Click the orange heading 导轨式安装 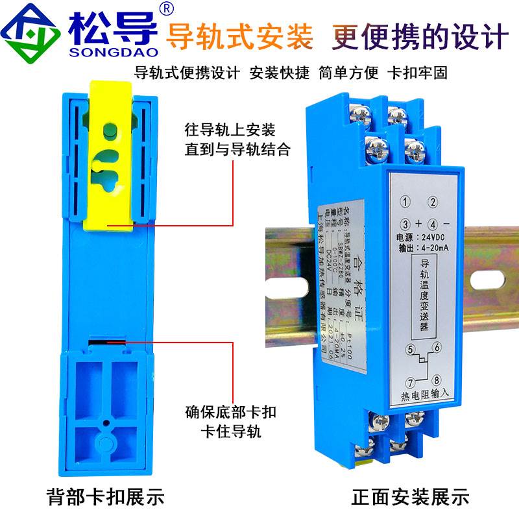pyautogui.click(x=240, y=36)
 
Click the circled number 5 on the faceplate pyautogui.click(x=409, y=350)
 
